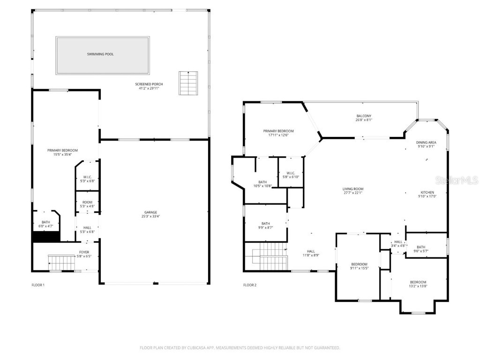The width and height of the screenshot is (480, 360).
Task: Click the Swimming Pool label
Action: pos(100,54)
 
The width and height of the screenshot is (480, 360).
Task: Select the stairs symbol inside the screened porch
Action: pos(187,83)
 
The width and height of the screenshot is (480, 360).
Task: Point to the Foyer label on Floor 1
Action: pos(84,252)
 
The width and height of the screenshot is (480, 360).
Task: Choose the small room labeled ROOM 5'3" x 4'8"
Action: pos(87,204)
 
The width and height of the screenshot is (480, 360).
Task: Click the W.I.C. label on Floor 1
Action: pos(87,177)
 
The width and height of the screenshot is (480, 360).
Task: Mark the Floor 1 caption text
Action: pos(38,285)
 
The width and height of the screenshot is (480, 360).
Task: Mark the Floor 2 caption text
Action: pos(250,285)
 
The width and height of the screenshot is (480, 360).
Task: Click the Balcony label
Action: pos(364,116)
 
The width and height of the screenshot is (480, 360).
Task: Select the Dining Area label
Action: pos(426,142)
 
